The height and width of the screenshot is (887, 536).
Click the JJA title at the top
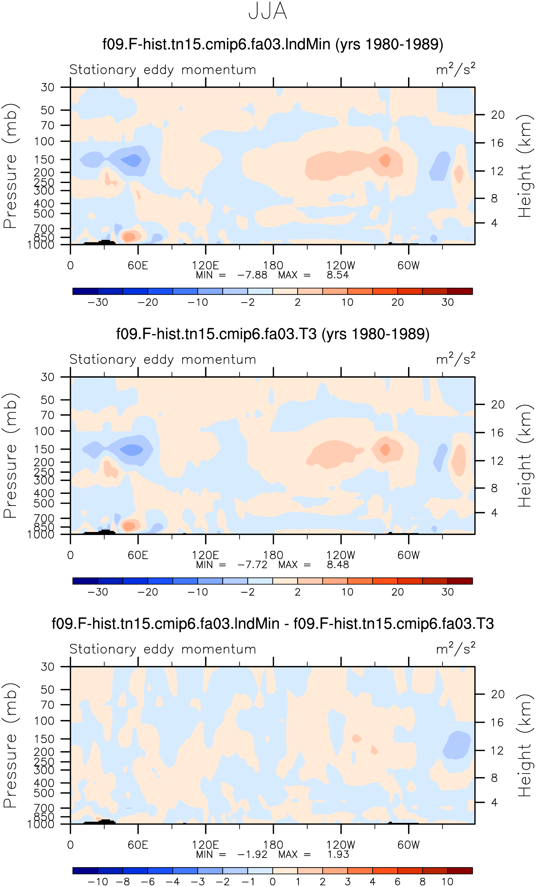click(x=268, y=11)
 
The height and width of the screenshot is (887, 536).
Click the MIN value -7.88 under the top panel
click(x=252, y=275)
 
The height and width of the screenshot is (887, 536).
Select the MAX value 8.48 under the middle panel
click(x=338, y=565)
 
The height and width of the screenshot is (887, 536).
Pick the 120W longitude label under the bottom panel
click(x=341, y=845)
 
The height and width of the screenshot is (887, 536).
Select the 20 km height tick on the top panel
click(x=498, y=115)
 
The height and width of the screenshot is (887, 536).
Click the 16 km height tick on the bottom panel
click(x=497, y=722)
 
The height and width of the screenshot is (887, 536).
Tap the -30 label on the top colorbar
click(x=98, y=303)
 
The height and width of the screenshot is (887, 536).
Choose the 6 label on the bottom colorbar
click(x=398, y=882)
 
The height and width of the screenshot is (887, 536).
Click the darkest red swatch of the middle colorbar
click(x=460, y=581)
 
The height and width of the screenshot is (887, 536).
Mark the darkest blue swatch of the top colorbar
click(x=85, y=291)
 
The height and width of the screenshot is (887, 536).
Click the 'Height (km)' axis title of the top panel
click(x=524, y=166)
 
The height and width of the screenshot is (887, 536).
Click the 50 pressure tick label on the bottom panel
click(x=47, y=690)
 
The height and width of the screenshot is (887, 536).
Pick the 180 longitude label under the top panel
click(x=273, y=265)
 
